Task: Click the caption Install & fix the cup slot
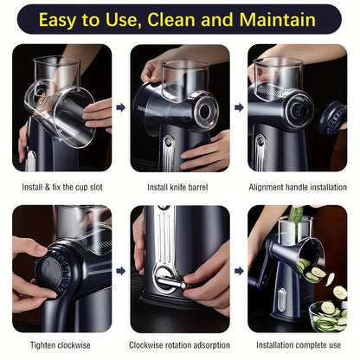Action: (x=62, y=185)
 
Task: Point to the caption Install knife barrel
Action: (x=180, y=185)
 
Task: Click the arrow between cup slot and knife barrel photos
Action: (x=120, y=108)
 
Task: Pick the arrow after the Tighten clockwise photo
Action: (x=120, y=270)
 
